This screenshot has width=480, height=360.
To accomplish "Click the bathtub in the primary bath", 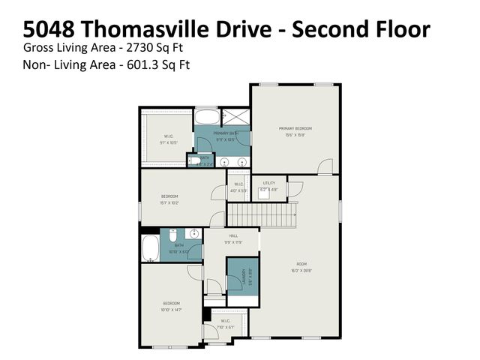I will click(x=207, y=118).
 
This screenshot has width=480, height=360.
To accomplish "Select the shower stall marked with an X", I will click(x=237, y=117).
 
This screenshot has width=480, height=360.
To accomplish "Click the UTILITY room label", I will click(x=268, y=184).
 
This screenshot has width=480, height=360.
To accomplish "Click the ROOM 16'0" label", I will click(x=301, y=266).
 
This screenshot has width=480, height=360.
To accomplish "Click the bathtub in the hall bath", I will click(x=150, y=247).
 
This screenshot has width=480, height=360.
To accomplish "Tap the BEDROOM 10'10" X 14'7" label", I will click(x=172, y=305).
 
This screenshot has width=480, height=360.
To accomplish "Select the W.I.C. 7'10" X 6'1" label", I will click(x=224, y=324).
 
